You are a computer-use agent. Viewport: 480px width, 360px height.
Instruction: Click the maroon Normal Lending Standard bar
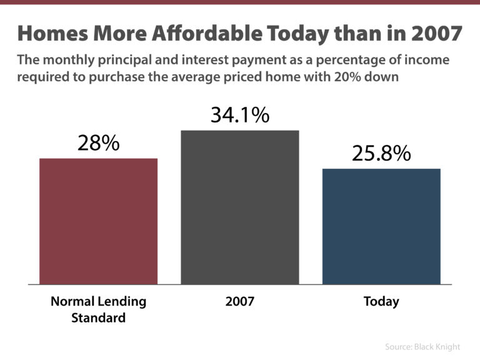coord(98,221)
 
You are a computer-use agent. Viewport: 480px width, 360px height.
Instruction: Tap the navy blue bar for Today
coord(381,226)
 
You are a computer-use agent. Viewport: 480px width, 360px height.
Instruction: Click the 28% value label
coord(98,142)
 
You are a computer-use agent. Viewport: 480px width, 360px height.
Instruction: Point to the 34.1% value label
coord(240,115)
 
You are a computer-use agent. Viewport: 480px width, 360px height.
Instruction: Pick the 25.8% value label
coord(381,153)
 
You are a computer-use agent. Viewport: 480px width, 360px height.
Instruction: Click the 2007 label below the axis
coord(240,302)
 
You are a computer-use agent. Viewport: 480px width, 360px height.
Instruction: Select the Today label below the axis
coord(381,302)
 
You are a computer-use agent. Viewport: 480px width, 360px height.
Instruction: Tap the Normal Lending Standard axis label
coord(98,309)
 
